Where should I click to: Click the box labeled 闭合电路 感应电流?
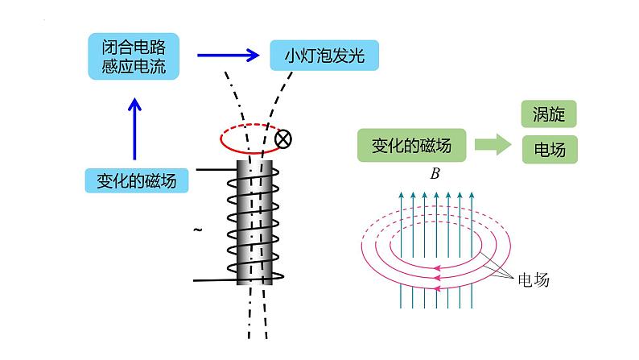point(134,56)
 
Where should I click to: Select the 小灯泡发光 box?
point(324,56)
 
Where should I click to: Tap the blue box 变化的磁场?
point(137,180)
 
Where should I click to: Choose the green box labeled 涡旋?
point(549,114)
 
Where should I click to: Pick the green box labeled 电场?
point(549,149)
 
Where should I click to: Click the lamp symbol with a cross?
point(282,140)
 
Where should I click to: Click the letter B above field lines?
point(435,172)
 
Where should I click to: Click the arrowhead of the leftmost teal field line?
point(401,195)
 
